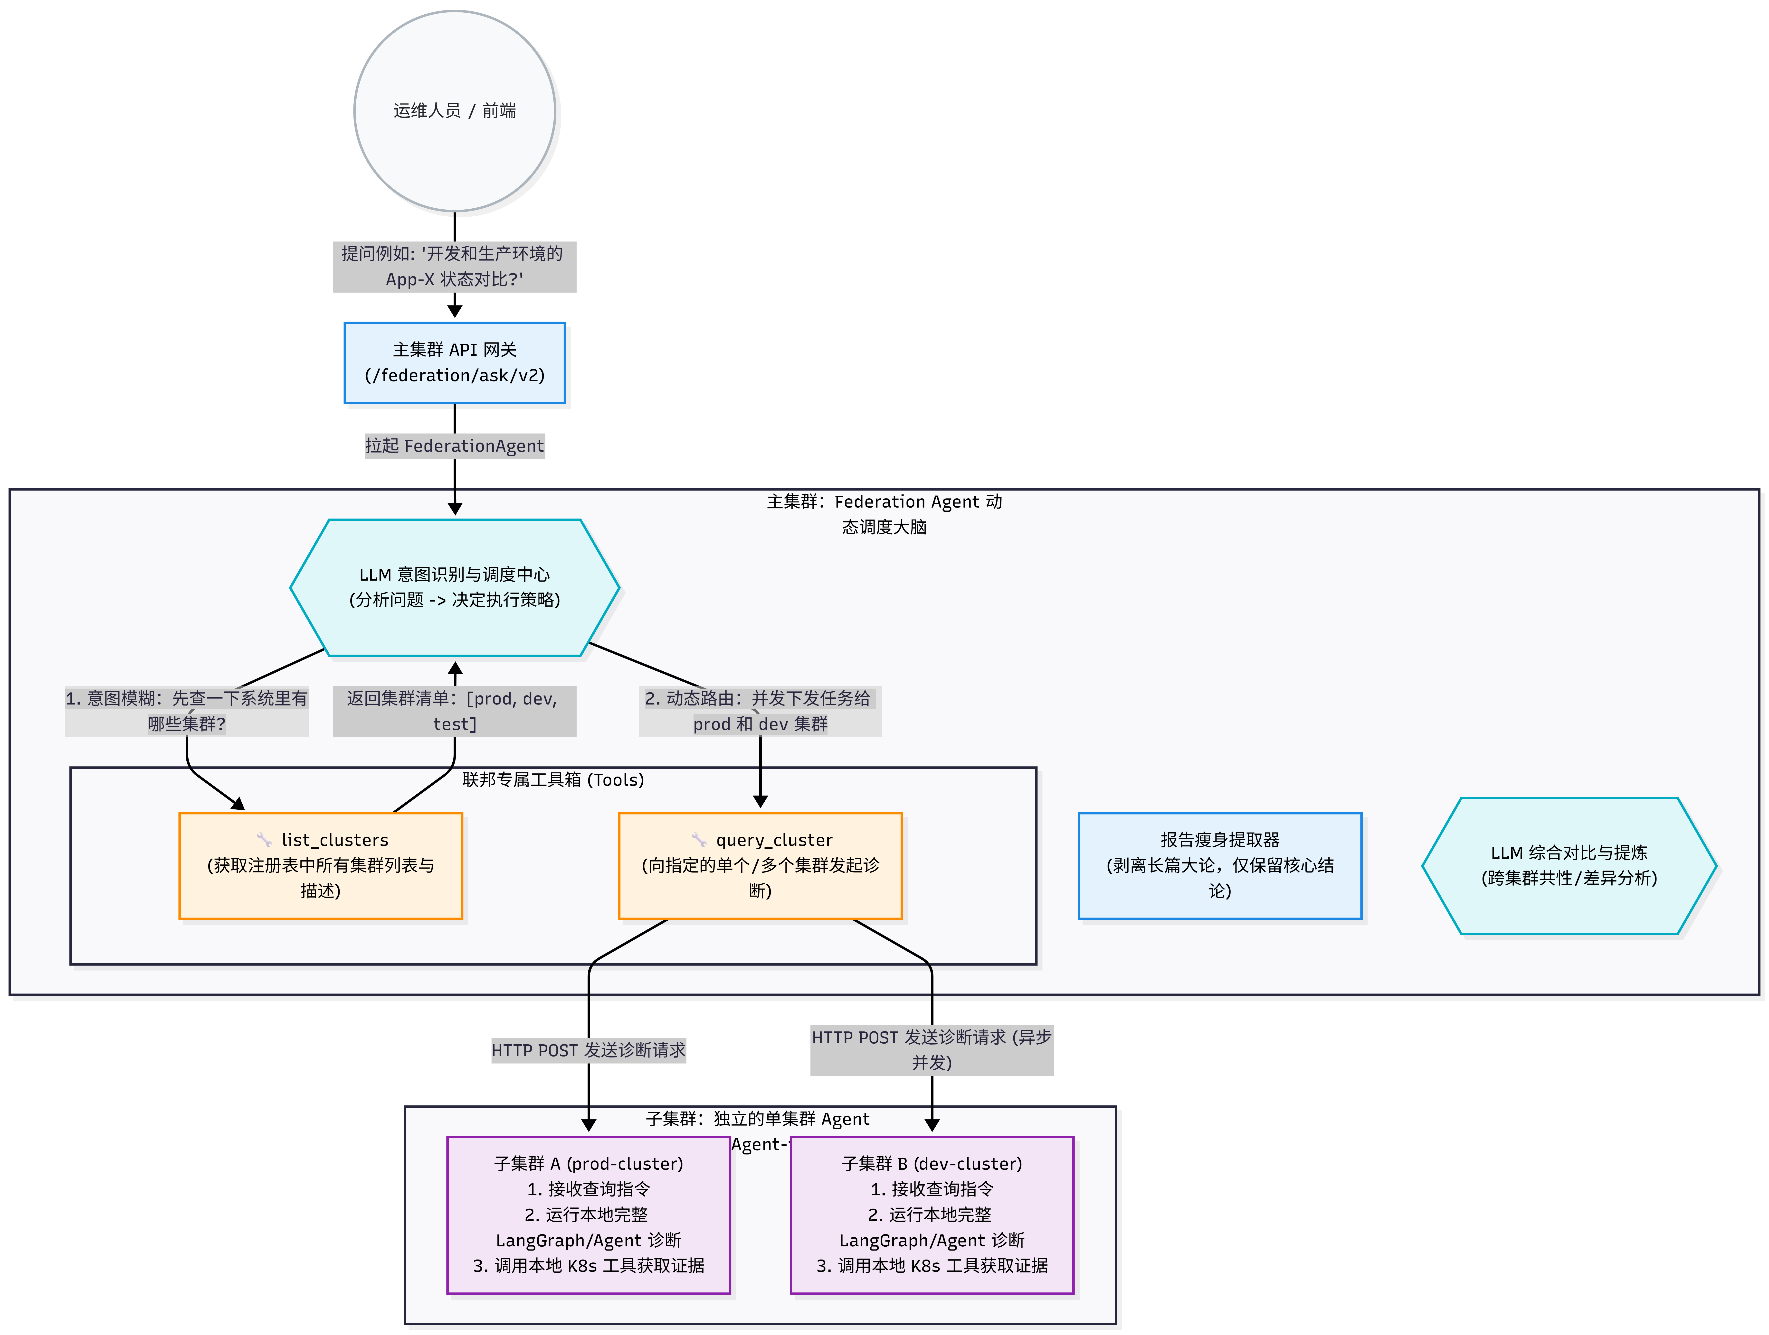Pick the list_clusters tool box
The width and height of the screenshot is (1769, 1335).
321,866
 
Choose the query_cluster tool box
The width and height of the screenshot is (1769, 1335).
761,866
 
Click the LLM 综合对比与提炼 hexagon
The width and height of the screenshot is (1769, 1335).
1569,866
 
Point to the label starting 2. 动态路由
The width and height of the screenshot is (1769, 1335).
761,712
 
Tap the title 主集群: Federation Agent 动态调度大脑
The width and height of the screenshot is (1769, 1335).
884,514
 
